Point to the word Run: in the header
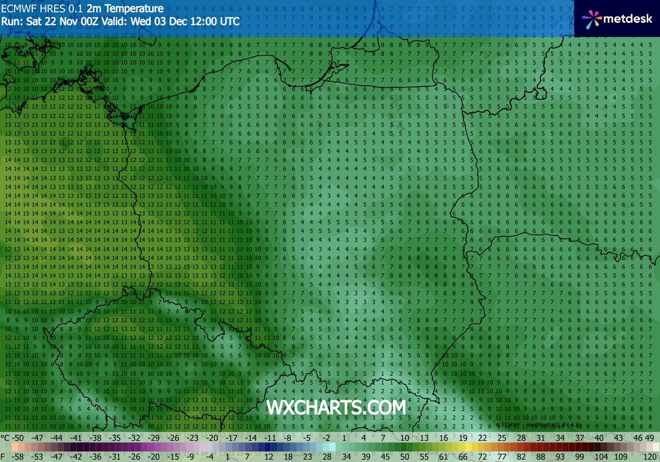12,21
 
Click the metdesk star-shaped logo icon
591,19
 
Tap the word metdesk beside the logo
628,19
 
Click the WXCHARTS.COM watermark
336,407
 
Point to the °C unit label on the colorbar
5,438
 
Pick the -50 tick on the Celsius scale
18,438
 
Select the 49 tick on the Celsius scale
649,438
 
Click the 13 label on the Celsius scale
424,438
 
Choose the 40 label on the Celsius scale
599,438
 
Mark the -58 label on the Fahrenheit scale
18,456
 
